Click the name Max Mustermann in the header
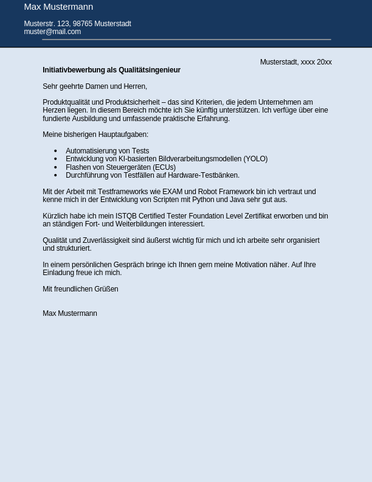click(x=58, y=7)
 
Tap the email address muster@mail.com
click(x=52, y=32)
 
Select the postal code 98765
click(x=82, y=24)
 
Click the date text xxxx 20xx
click(x=316, y=62)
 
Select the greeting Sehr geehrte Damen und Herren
click(x=94, y=86)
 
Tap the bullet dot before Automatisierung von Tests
click(x=55, y=151)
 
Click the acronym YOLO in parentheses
click(x=255, y=159)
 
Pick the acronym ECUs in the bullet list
click(x=164, y=167)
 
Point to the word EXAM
click(x=172, y=192)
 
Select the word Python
click(x=203, y=200)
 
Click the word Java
click(x=237, y=200)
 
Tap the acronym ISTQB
click(x=126, y=216)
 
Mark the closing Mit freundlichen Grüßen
click(x=80, y=289)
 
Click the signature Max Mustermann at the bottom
click(x=70, y=313)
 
